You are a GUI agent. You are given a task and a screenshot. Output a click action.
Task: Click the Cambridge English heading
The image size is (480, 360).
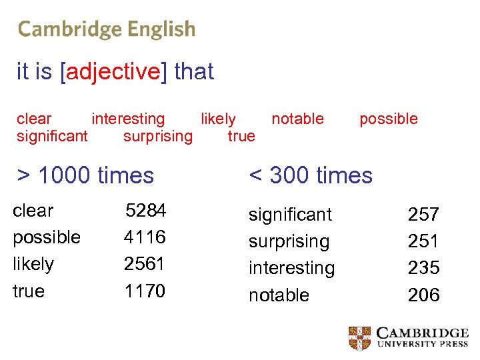click(107, 29)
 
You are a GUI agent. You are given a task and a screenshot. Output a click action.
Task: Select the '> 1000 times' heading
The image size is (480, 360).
click(85, 175)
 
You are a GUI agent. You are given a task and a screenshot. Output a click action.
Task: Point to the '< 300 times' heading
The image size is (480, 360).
click(311, 175)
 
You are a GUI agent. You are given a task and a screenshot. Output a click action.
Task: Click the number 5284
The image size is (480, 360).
click(146, 211)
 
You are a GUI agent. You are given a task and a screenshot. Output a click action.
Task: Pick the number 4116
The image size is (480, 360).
click(145, 237)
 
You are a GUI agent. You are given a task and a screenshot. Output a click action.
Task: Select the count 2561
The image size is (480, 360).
click(145, 264)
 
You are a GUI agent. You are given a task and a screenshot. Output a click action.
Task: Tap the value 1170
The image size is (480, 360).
click(145, 291)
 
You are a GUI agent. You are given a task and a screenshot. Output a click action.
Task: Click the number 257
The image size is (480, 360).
click(423, 215)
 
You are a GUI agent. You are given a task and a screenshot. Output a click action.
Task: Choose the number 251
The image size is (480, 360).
click(423, 241)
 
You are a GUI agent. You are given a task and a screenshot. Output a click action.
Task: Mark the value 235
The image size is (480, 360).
click(423, 268)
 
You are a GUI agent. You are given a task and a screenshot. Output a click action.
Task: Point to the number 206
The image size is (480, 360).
click(423, 295)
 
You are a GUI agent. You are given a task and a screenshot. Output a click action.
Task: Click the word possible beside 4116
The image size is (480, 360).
click(47, 237)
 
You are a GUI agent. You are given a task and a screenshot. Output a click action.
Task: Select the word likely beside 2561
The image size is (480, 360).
click(33, 264)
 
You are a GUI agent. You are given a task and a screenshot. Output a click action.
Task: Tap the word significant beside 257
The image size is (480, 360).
click(290, 215)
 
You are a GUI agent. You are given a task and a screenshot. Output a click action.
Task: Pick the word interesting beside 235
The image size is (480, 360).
click(291, 268)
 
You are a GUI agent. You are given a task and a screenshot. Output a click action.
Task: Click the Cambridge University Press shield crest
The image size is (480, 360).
click(360, 338)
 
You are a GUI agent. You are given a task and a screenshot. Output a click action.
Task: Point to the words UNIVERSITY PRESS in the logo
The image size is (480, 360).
click(423, 344)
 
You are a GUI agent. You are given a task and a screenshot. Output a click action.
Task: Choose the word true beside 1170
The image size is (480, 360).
click(29, 291)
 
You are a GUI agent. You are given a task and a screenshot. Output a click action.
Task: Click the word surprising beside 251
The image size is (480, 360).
click(289, 241)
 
